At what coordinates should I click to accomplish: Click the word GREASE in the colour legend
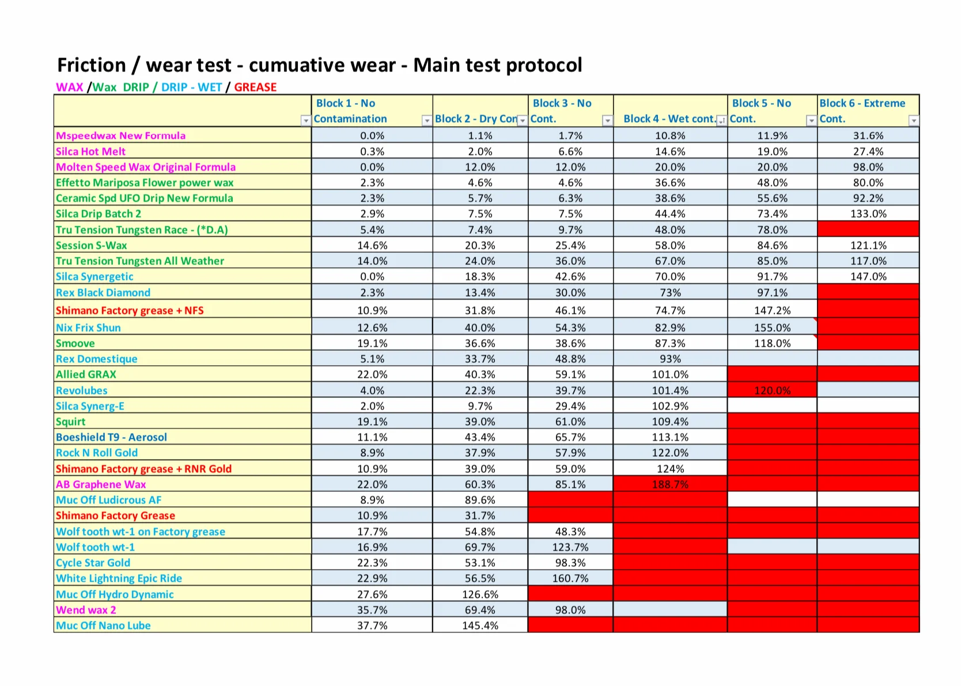255,87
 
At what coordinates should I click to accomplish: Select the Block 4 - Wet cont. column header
669,119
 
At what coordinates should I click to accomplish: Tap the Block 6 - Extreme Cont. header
862,111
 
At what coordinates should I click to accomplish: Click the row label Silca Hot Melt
90,151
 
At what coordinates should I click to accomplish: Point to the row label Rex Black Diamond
103,293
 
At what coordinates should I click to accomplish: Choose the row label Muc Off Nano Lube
103,626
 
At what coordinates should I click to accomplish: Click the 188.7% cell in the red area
670,484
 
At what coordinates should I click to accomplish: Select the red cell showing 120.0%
772,391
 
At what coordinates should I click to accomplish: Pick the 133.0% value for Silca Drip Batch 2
868,214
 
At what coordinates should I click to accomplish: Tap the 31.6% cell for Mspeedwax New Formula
868,135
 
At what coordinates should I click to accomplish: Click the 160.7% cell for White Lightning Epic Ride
570,578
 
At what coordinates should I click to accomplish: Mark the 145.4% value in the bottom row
480,626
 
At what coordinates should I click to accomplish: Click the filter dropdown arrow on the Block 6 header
914,120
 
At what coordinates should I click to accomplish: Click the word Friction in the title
92,65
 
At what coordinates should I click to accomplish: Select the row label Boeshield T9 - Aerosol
111,437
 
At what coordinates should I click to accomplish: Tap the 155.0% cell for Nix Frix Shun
772,328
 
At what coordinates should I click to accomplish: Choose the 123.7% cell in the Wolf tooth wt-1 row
570,547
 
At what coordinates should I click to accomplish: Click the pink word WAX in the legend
70,87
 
